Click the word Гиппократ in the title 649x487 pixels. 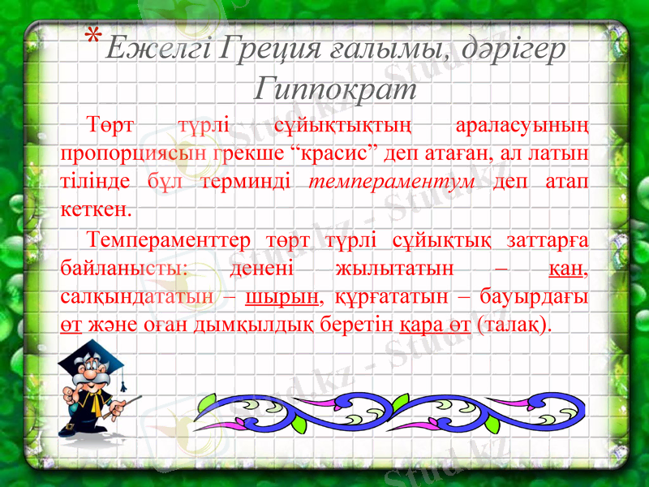coord(335,87)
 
